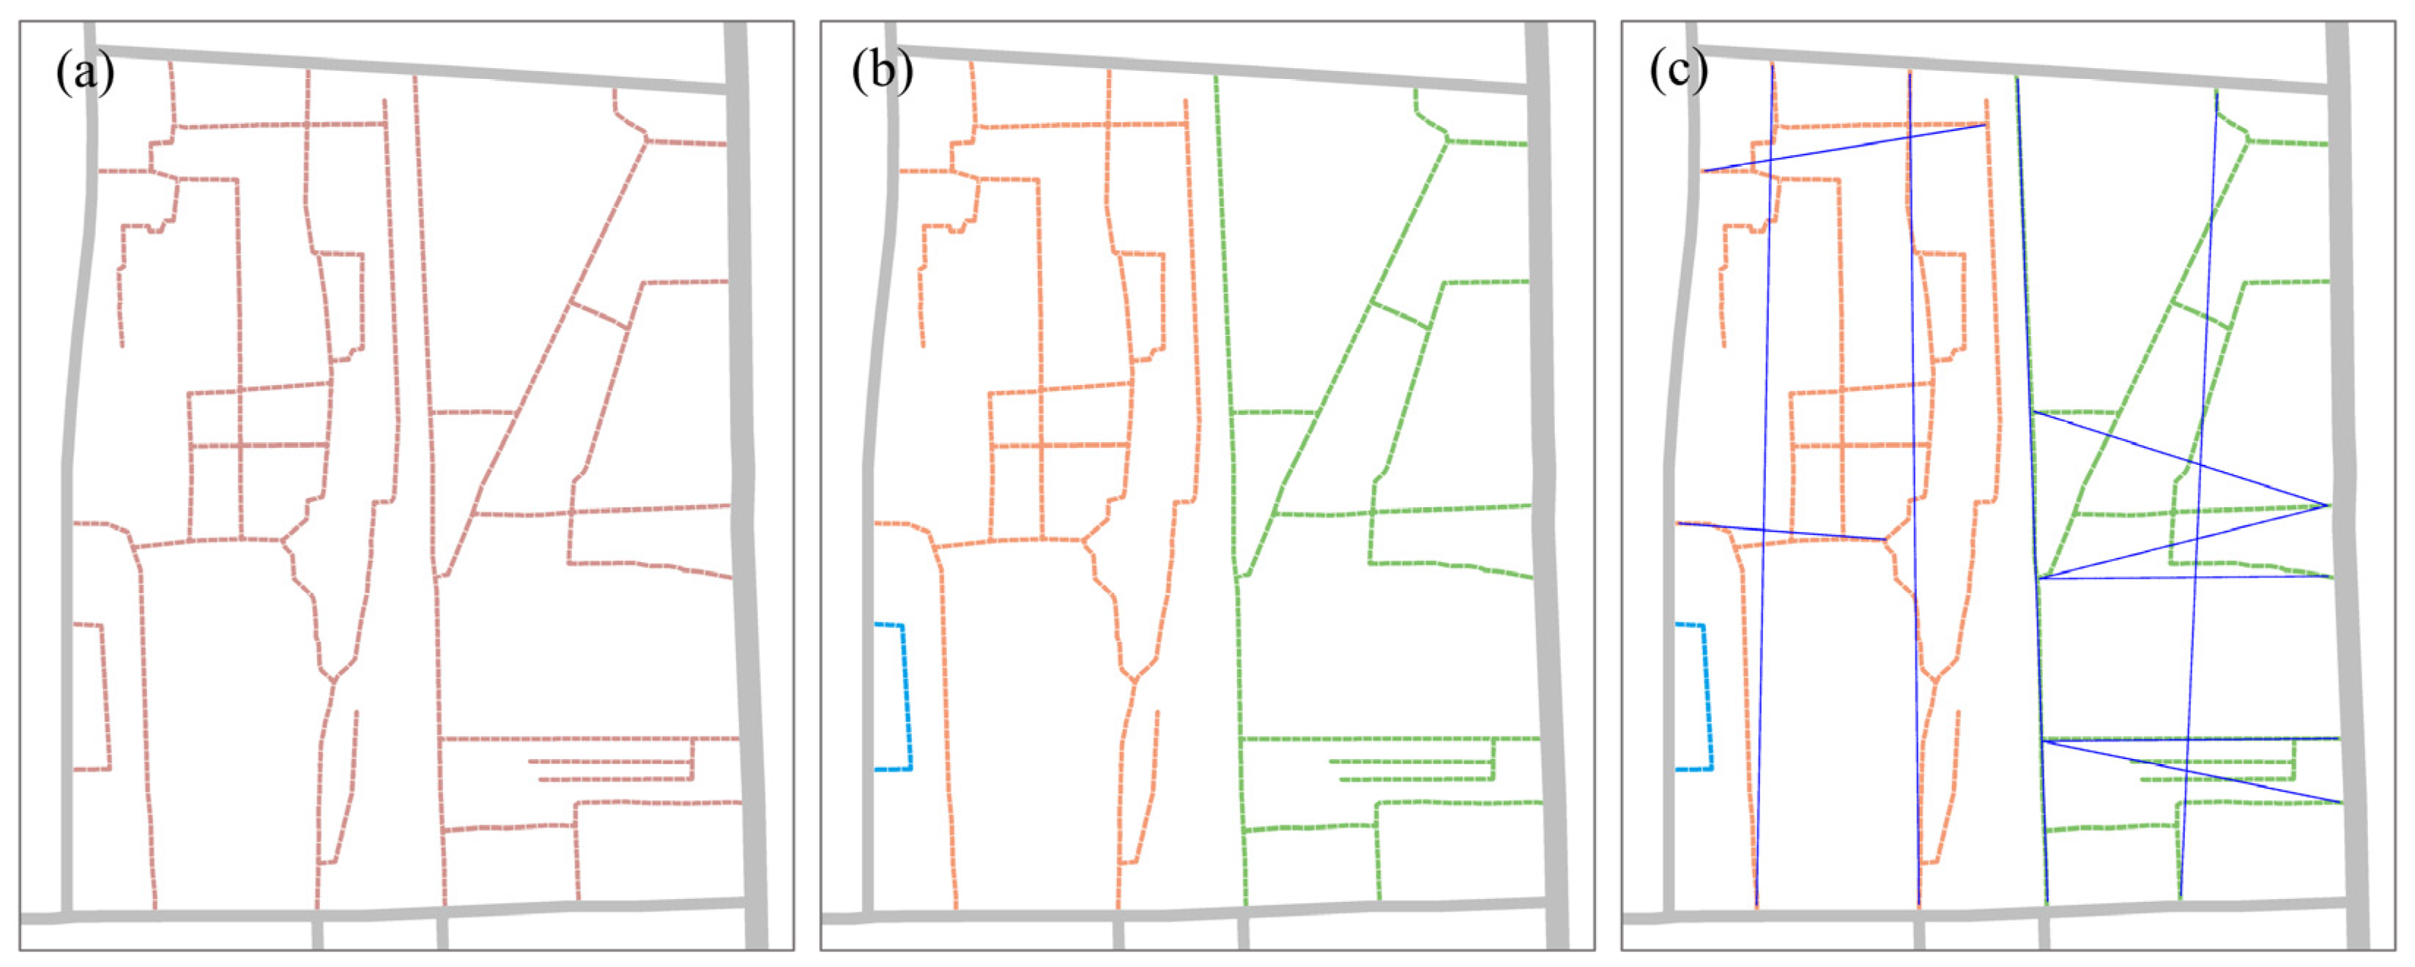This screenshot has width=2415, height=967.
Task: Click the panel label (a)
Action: click(x=84, y=72)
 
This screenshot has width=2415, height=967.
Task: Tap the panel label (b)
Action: click(x=882, y=72)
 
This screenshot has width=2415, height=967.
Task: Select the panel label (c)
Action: click(x=1679, y=72)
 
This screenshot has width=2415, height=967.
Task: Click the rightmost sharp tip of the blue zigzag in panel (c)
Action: click(x=2328, y=506)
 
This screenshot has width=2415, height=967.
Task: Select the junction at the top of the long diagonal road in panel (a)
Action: click(x=646, y=141)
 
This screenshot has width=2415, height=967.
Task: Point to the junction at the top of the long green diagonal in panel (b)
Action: click(x=1447, y=141)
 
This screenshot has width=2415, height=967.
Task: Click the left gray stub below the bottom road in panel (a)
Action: click(x=318, y=933)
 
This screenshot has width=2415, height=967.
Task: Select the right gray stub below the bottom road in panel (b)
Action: click(x=1243, y=933)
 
